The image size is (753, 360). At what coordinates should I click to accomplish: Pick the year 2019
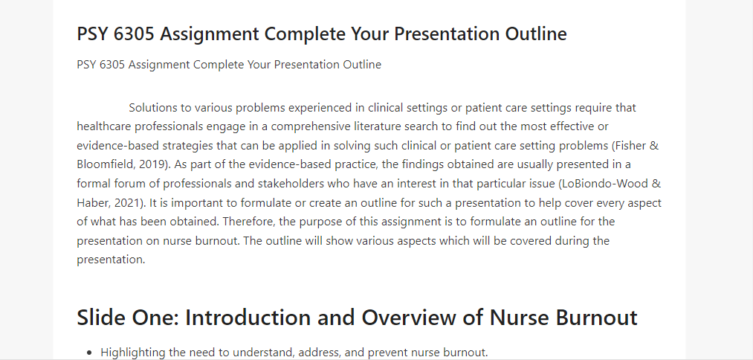[x=151, y=165]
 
